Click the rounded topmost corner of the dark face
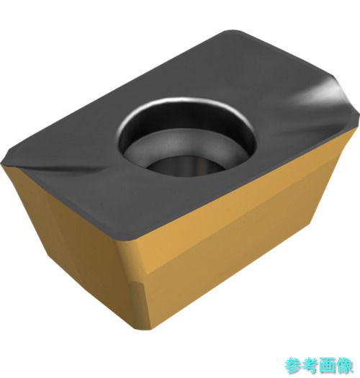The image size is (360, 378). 232,32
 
